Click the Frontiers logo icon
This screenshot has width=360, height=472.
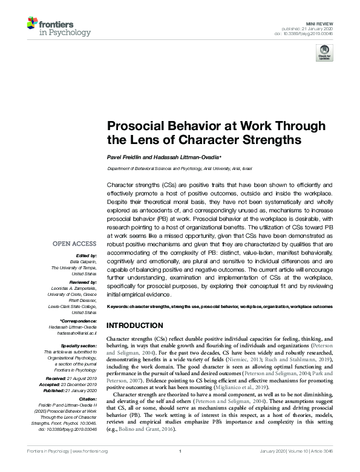pos(33,25)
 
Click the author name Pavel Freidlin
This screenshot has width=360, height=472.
pos(125,157)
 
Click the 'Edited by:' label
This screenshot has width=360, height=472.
pos(89,255)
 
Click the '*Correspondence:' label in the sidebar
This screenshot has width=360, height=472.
pos(79,320)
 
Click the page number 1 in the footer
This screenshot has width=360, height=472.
pos(180,468)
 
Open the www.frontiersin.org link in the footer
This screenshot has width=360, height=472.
pos(88,468)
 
